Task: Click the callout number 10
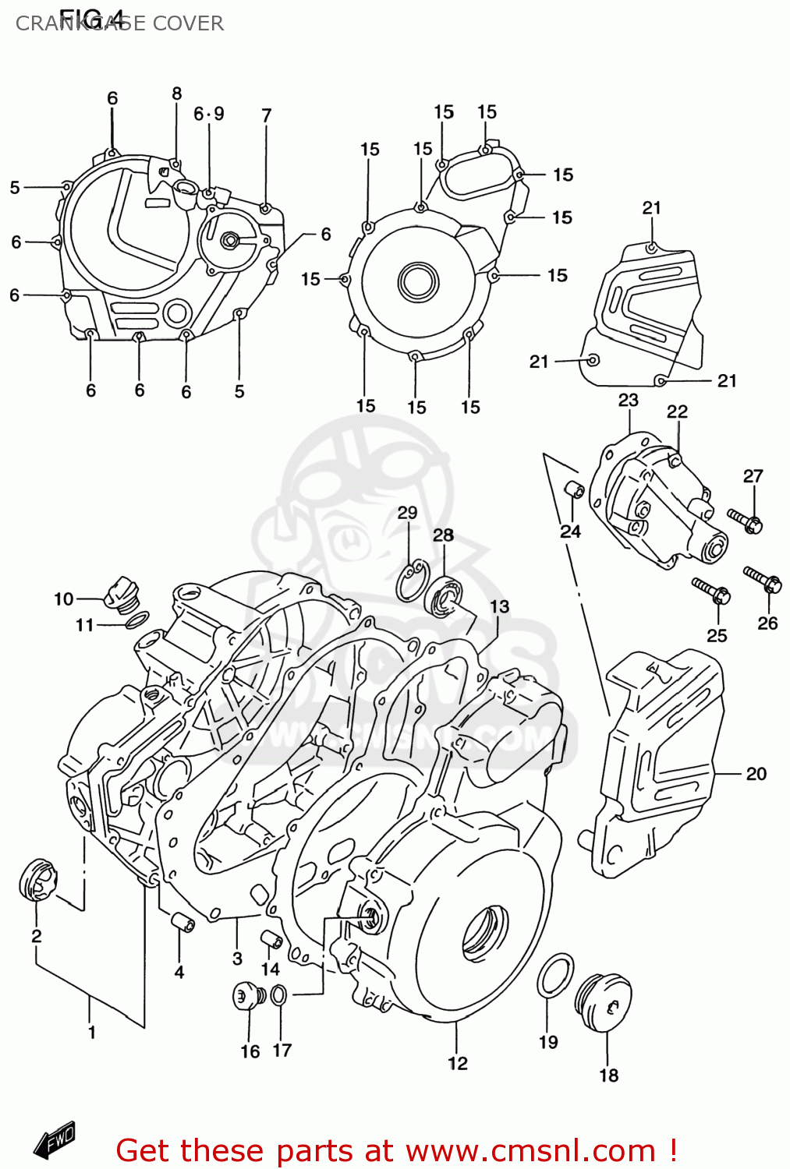click(63, 599)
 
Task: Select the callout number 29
click(407, 512)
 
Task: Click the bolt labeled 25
click(710, 591)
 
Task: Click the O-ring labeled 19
click(554, 974)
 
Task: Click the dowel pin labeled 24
click(574, 490)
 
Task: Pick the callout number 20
click(756, 773)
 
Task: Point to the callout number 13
click(499, 606)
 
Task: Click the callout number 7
click(266, 115)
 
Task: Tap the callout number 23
click(628, 400)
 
